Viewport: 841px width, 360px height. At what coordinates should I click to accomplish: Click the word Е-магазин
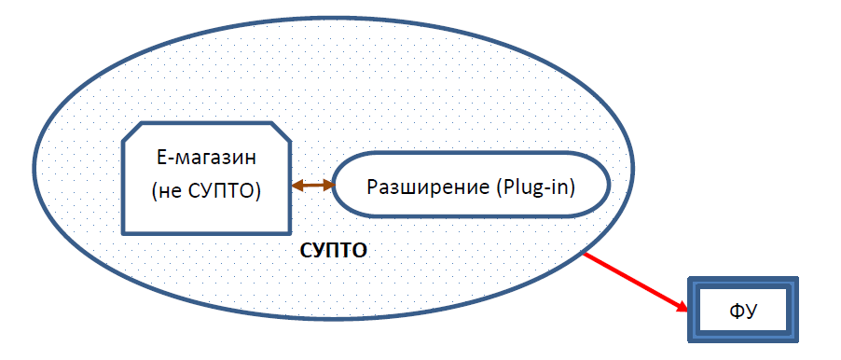coord(205,157)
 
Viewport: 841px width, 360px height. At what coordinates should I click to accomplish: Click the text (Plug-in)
coord(531,186)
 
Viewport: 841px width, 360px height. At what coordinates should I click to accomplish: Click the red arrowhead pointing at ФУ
coord(682,307)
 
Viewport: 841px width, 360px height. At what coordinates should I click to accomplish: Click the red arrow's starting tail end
coord(584,252)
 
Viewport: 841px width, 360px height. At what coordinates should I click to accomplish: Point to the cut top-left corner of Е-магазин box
coord(131,131)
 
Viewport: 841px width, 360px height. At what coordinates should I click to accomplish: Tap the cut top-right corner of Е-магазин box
coord(281,131)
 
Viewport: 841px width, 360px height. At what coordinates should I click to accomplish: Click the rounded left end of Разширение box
coord(340,185)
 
